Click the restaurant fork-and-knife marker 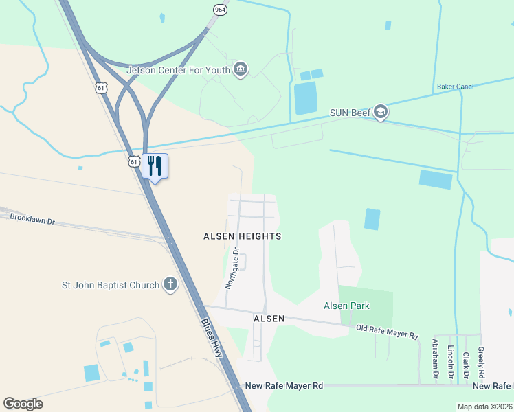(x=155, y=165)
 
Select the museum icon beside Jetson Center (x=241, y=69)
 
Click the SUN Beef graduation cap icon (x=381, y=113)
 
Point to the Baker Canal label (x=455, y=87)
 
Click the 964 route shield (x=220, y=10)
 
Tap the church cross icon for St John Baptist (x=170, y=285)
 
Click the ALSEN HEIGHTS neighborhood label (x=243, y=236)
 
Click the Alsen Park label (x=347, y=306)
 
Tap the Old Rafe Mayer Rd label (x=387, y=332)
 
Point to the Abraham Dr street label (x=435, y=358)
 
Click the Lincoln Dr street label (x=451, y=358)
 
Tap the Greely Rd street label (x=481, y=363)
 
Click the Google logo (x=23, y=404)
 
